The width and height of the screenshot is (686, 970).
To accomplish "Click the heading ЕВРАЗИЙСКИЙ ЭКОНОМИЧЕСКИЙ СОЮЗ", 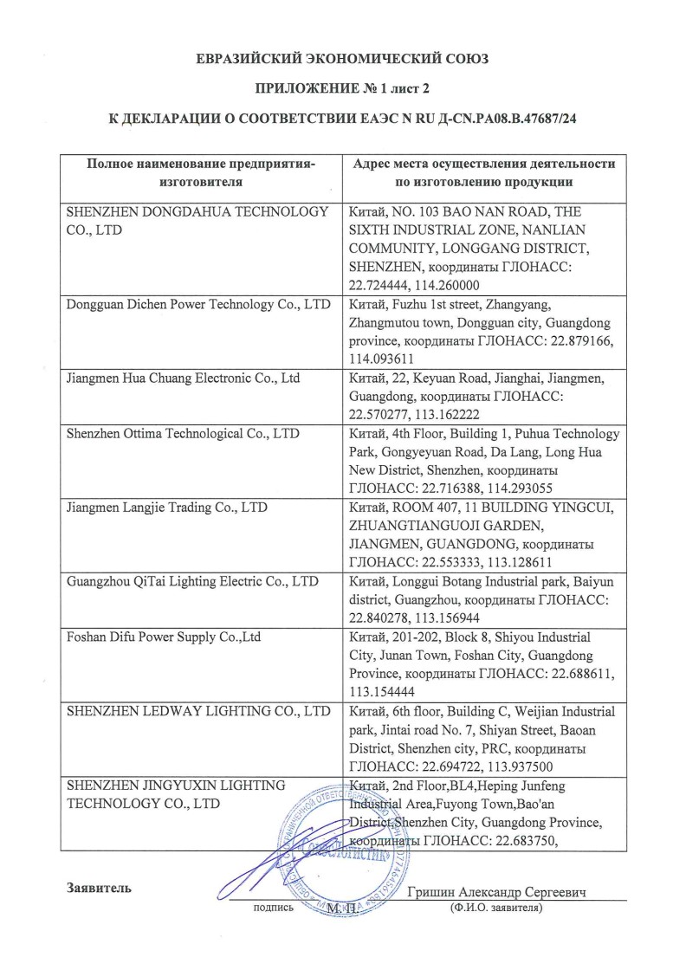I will pos(343,59).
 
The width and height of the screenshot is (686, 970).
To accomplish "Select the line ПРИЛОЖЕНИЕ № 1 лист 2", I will pos(343,88).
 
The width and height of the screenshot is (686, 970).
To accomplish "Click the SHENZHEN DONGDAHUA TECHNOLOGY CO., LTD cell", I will pos(197,220).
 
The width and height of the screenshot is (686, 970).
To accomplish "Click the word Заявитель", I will pos(99,888).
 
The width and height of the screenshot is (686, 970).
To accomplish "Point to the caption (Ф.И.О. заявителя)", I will pos(495,909).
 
